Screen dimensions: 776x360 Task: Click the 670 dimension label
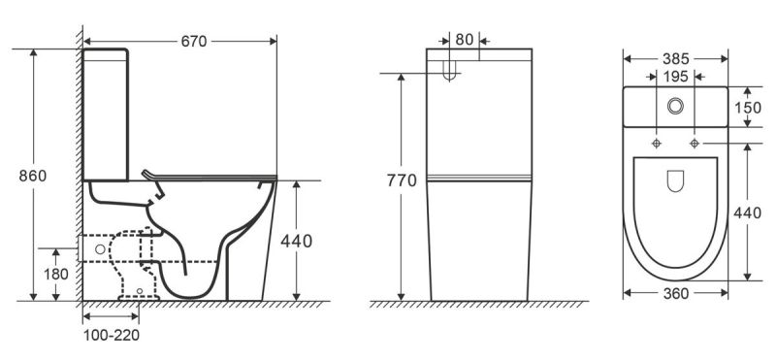193,42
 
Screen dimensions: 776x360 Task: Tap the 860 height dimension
33,176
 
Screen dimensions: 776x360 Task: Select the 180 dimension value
56,274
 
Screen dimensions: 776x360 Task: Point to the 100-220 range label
111,335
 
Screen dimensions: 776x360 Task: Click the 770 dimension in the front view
402,180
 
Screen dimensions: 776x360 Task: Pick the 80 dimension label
465,40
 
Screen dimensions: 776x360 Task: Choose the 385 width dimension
675,59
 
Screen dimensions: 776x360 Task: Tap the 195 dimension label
675,77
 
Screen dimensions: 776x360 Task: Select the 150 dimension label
747,108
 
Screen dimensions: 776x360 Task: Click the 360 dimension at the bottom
675,294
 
